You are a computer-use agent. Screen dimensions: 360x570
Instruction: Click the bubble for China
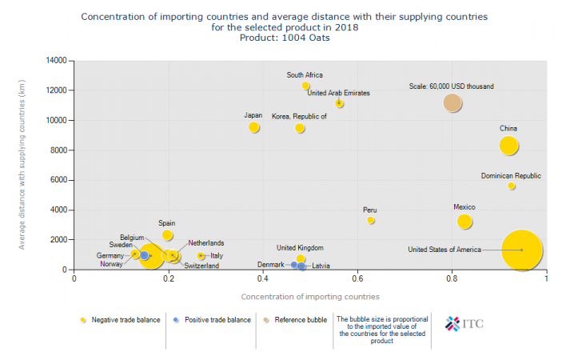tap(509, 146)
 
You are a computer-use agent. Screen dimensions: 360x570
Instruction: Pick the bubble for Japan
tap(254, 127)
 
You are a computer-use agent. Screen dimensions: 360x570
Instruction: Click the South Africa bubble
tap(305, 86)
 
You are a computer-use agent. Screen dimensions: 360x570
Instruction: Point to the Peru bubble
tap(371, 220)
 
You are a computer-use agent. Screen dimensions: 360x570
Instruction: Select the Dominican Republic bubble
tap(512, 186)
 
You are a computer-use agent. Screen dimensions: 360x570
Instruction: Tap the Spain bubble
tap(167, 235)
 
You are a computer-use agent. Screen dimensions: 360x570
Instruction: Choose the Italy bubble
tap(201, 256)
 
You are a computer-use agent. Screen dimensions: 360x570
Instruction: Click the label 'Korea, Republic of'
tap(300, 117)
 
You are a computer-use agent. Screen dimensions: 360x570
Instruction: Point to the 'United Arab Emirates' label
tap(338, 94)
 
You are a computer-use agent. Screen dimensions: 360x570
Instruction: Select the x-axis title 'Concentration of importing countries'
tap(309, 298)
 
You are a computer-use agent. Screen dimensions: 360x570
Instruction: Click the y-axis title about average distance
tap(22, 165)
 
